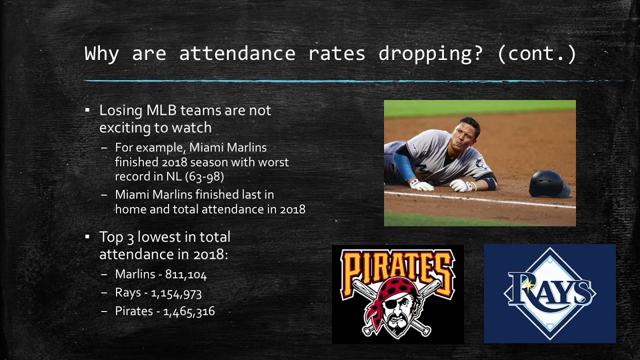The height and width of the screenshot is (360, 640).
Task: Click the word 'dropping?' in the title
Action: coord(430,54)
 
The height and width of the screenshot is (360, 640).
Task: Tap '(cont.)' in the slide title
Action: coord(537,54)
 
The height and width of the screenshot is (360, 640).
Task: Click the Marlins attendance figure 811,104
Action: coord(185,274)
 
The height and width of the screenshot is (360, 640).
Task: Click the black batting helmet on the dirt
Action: coord(549,183)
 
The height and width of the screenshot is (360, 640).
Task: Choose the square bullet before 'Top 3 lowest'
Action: coord(87,236)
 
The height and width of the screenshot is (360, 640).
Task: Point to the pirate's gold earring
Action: coord(414,313)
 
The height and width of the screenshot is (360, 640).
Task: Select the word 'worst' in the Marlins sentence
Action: coord(273,162)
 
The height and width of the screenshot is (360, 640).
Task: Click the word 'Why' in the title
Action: coord(101,54)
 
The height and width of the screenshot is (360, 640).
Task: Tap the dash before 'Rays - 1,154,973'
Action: coord(104,293)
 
